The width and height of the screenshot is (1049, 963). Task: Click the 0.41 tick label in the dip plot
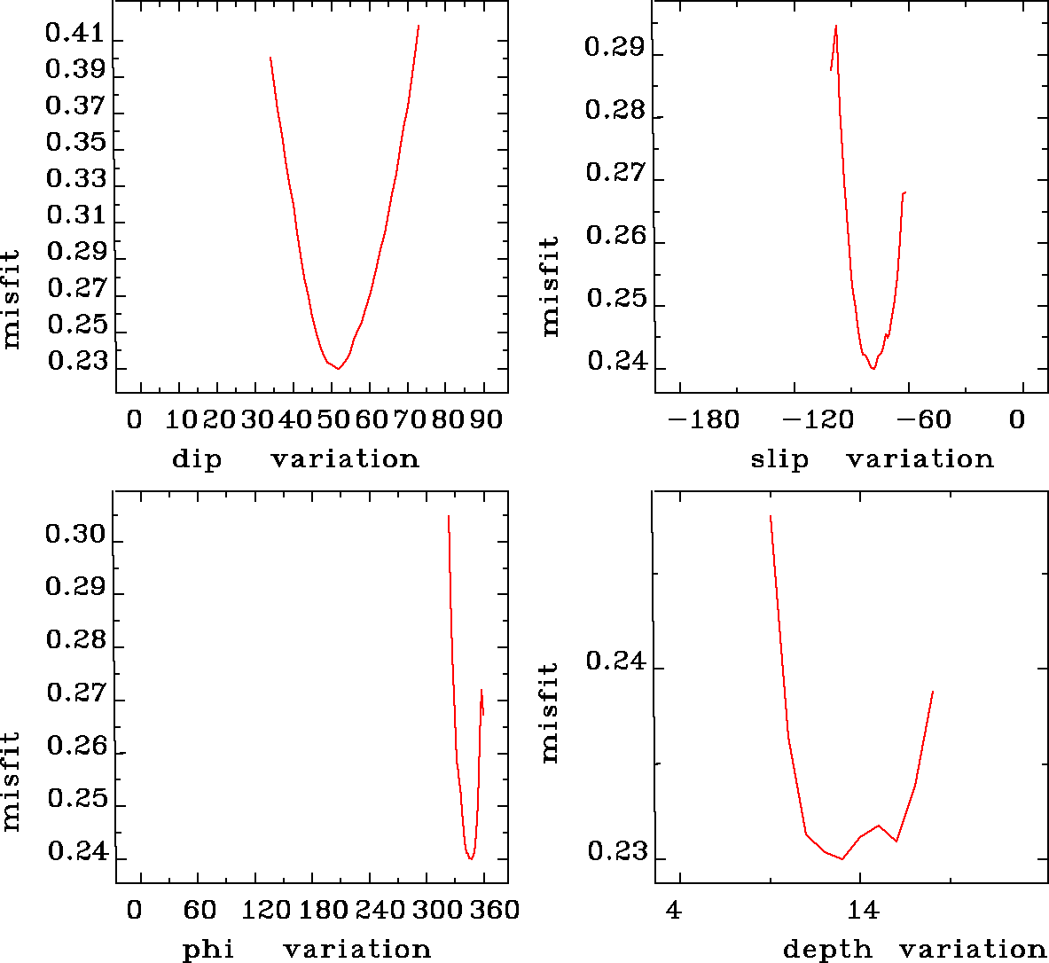tap(75, 35)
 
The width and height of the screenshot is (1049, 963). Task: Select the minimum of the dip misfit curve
tap(339, 368)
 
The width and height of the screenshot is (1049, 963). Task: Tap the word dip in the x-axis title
tap(197, 459)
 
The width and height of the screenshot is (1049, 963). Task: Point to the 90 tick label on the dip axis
tap(486, 419)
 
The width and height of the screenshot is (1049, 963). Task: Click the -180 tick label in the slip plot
tap(703, 419)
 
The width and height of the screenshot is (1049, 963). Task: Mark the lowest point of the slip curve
tap(873, 368)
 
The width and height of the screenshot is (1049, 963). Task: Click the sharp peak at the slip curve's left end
tap(836, 27)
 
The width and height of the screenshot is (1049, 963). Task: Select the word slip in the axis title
tap(779, 459)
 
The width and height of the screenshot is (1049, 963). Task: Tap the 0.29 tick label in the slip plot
tap(615, 47)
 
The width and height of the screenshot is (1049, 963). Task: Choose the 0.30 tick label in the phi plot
tap(75, 535)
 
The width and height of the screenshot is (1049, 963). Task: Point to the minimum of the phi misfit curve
tap(471, 858)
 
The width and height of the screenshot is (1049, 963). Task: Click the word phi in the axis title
tap(208, 950)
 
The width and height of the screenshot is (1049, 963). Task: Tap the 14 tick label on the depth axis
tap(863, 910)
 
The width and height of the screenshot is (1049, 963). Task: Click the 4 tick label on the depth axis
tap(675, 910)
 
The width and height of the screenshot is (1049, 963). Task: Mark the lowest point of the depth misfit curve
tap(842, 858)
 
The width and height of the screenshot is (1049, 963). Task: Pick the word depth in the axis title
tap(827, 950)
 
